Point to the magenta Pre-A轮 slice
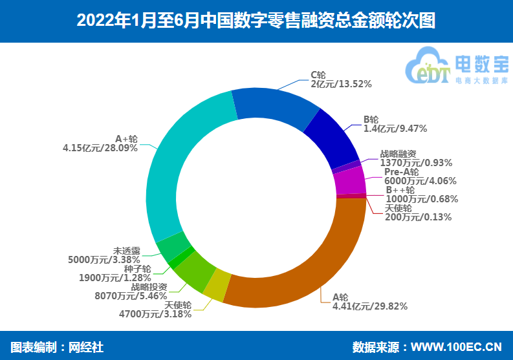tap(350, 181)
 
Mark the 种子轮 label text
tap(137, 268)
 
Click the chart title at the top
tap(256, 21)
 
